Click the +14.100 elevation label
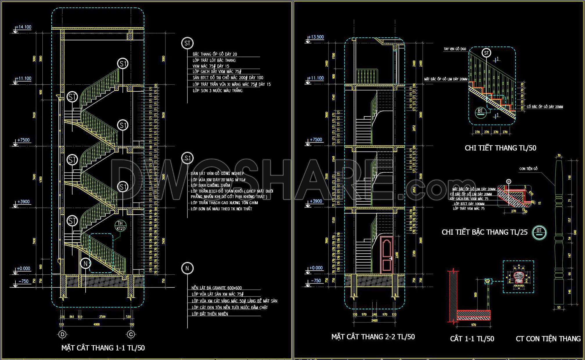click(23, 27)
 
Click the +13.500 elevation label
click(316, 37)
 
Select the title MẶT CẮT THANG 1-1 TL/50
click(103, 348)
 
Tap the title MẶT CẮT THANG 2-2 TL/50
click(373, 337)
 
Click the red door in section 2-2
click(387, 255)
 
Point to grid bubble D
click(62, 334)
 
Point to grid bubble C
click(131, 334)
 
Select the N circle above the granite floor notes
click(187, 268)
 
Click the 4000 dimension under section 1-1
click(96, 324)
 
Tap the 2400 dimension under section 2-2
click(374, 321)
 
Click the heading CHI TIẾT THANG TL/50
click(500, 148)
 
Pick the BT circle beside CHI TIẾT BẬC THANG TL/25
click(539, 232)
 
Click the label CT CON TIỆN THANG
click(548, 339)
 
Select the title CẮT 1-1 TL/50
click(472, 339)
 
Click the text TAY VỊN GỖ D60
click(455, 49)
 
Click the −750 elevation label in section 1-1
click(24, 281)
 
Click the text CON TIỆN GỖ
click(528, 169)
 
